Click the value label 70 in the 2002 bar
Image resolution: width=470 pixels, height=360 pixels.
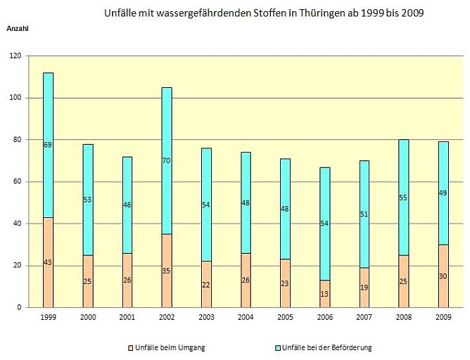pyautogui.click(x=167, y=161)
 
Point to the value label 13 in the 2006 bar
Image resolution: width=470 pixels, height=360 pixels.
pyautogui.click(x=325, y=294)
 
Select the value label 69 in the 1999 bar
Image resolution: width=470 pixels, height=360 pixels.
pyautogui.click(x=48, y=145)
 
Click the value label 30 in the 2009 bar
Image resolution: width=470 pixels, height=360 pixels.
pyautogui.click(x=443, y=276)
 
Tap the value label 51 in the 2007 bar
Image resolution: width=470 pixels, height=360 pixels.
pyautogui.click(x=364, y=214)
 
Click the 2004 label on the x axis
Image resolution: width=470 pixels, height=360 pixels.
pyautogui.click(x=246, y=318)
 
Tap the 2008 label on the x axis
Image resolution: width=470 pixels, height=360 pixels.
pyautogui.click(x=404, y=318)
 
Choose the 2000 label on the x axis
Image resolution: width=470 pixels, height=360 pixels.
pyautogui.click(x=88, y=318)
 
